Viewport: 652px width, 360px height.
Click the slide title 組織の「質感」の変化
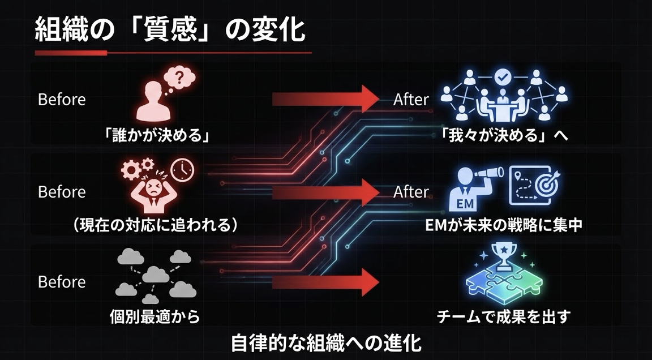point(170,31)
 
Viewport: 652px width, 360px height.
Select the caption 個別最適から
point(155,317)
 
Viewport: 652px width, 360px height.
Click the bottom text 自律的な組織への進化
point(327,344)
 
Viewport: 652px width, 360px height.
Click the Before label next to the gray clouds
point(62,282)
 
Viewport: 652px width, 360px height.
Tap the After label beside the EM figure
point(411,192)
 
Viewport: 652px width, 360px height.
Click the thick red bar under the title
point(71,53)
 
